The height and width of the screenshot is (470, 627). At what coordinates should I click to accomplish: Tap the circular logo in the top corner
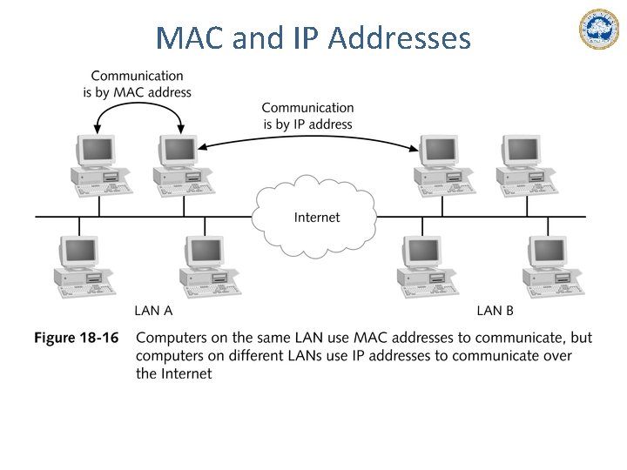(x=598, y=30)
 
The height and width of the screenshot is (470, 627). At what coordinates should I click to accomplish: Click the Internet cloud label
(x=317, y=218)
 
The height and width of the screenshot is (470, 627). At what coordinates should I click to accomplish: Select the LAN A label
(x=153, y=311)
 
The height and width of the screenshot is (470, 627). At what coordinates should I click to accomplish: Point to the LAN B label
(x=495, y=311)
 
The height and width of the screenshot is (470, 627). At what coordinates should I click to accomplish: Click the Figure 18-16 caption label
(x=77, y=338)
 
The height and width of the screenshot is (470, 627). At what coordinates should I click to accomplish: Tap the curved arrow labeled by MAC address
(x=138, y=103)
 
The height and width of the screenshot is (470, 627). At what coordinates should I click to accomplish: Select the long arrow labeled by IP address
(x=308, y=137)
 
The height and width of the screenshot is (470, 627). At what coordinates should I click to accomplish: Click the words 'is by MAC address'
(x=138, y=92)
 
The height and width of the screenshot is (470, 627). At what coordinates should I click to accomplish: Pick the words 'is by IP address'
(x=307, y=124)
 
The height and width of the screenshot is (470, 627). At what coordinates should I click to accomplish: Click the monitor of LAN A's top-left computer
(x=97, y=151)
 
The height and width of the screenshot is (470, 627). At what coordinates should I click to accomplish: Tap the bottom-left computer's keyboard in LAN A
(x=87, y=291)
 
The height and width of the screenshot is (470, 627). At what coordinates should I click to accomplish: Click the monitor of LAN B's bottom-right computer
(x=549, y=252)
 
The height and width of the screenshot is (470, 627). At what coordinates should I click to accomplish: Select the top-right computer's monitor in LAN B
(x=522, y=151)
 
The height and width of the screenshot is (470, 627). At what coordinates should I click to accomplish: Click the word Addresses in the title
(x=400, y=37)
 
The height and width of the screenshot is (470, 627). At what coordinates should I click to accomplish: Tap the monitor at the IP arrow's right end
(x=439, y=151)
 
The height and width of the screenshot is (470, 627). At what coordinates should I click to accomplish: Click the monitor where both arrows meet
(x=179, y=151)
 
